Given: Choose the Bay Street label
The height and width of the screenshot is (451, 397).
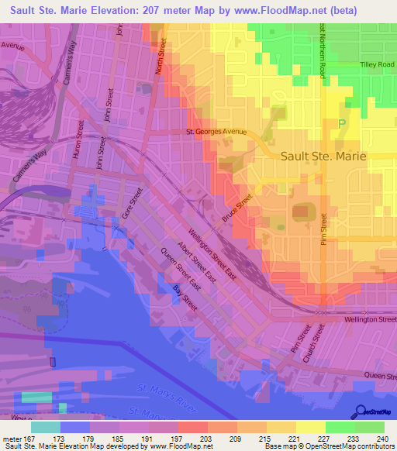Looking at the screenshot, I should pos(185,298).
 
